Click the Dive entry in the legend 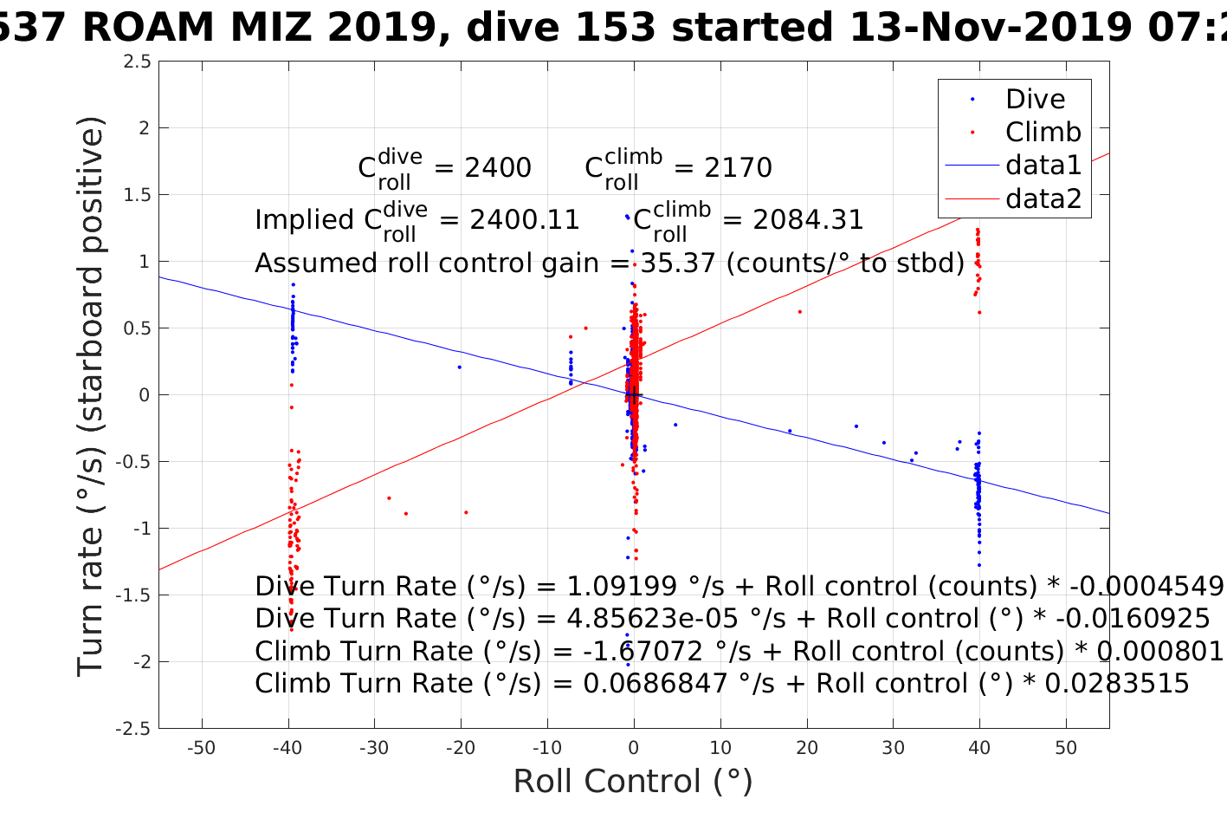coord(1035,99)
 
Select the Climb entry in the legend coord(1043,132)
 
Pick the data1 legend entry coord(1043,165)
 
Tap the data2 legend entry coord(1043,198)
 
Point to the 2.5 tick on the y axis coord(137,62)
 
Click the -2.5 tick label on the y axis coord(133,729)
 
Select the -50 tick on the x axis coord(201,748)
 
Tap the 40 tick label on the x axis coord(979,748)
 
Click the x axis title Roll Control coord(633,781)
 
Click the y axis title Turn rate coord(92,396)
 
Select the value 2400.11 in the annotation coord(525,220)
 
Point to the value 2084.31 coord(808,220)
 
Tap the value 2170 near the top coord(738,167)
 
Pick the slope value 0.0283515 coord(1117,684)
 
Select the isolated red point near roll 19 coord(799,312)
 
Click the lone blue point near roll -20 coord(459,367)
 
